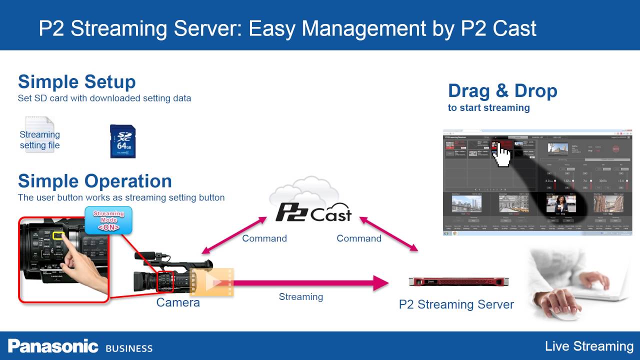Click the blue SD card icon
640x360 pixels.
(x=122, y=141)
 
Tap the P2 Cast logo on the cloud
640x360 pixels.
(x=313, y=212)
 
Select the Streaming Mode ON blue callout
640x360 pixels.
(x=108, y=220)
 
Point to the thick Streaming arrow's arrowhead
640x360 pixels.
(x=381, y=283)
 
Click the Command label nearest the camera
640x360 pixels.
(x=264, y=238)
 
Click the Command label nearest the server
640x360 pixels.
(x=358, y=238)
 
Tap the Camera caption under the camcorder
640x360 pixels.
(x=177, y=302)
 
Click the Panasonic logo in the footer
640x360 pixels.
(x=52, y=346)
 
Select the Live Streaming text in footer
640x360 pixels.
(x=589, y=346)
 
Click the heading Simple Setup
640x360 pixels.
(x=76, y=81)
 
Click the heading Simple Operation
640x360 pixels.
(x=94, y=180)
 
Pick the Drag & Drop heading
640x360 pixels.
(x=502, y=91)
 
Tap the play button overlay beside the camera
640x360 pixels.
(x=212, y=282)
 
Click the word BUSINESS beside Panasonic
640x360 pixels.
(x=129, y=348)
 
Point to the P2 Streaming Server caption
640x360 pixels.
(x=456, y=304)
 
